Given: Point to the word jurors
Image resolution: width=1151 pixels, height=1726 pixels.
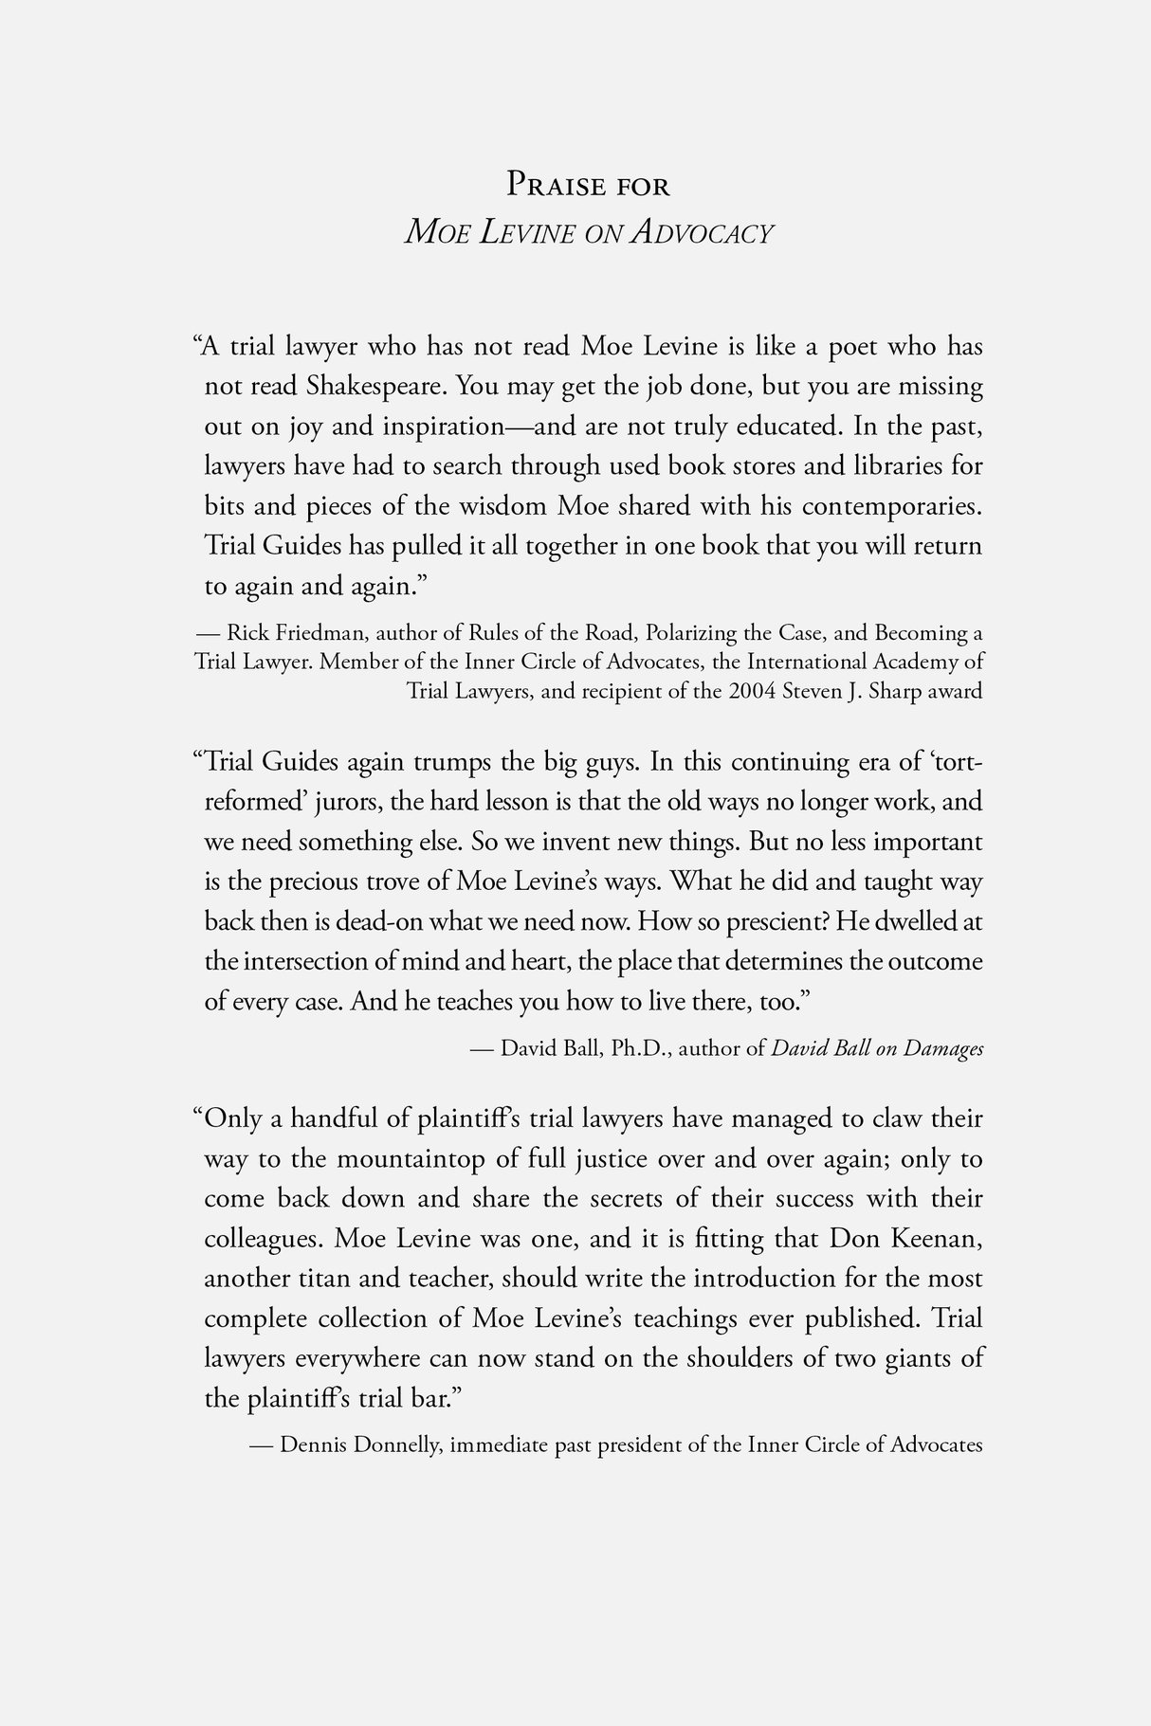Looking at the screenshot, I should coord(348,802).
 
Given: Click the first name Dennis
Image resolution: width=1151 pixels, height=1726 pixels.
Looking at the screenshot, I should coord(314,1445).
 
